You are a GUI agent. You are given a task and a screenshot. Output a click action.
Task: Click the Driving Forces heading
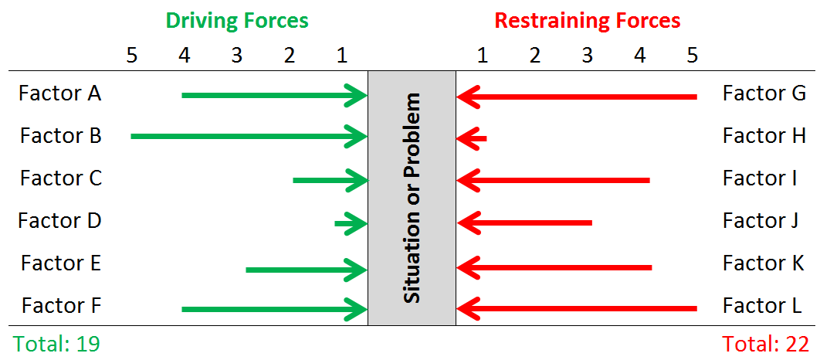(x=236, y=21)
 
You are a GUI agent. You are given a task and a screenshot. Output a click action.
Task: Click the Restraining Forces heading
(x=587, y=21)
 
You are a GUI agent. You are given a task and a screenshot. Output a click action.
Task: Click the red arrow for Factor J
(x=525, y=223)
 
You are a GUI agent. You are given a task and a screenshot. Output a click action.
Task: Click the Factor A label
(x=60, y=93)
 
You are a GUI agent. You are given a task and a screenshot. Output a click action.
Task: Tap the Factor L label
(x=763, y=307)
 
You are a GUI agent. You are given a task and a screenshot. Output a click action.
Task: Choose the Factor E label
(x=61, y=263)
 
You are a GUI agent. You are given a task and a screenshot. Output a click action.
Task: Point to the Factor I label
(x=760, y=178)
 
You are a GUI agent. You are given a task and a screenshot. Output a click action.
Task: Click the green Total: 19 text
(x=56, y=344)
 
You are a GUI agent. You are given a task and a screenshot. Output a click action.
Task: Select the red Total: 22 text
(x=764, y=344)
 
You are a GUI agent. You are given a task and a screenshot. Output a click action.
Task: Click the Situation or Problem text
(x=413, y=199)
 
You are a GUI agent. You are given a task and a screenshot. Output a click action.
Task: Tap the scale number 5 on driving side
(x=131, y=56)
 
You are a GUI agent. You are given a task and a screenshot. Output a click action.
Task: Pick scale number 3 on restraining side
(x=587, y=56)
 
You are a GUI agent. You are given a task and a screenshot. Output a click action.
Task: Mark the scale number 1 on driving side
(x=342, y=56)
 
